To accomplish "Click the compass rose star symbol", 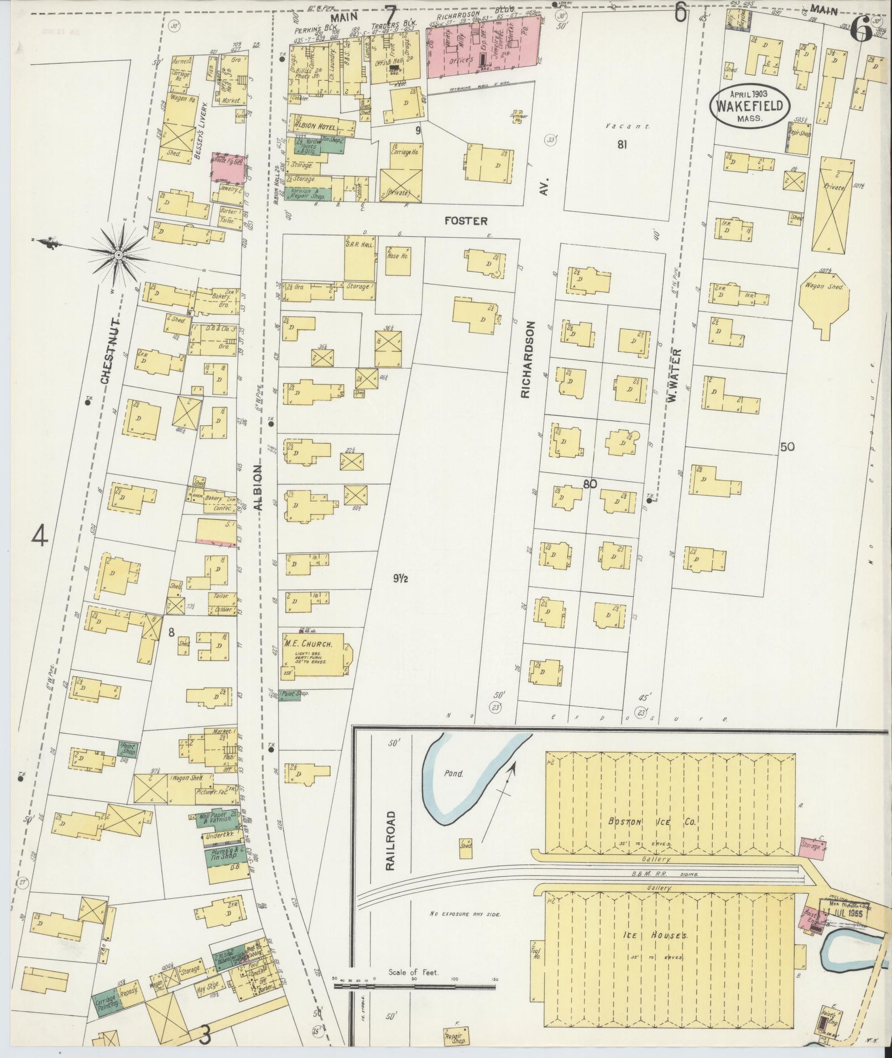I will pyautogui.click(x=118, y=255).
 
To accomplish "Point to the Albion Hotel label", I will pyautogui.click(x=316, y=127).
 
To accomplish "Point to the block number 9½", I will pyautogui.click(x=401, y=579).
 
